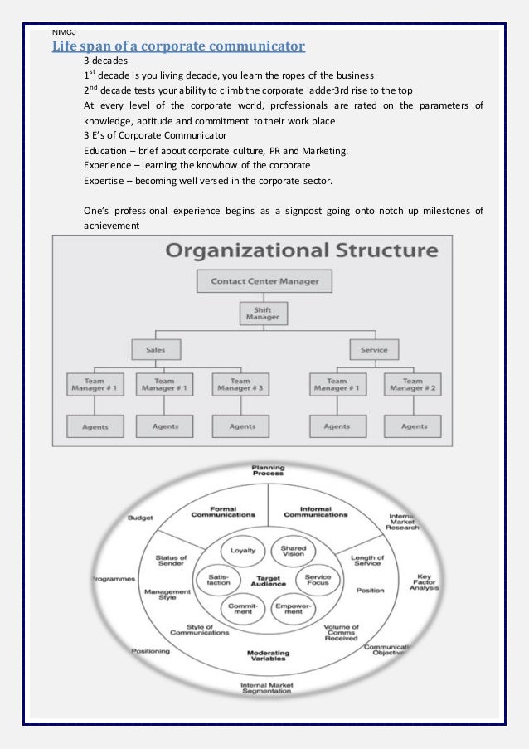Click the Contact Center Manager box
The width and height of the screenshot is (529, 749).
pos(264,280)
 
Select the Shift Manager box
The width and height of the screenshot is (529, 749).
pos(264,313)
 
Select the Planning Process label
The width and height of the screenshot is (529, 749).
pos(268,470)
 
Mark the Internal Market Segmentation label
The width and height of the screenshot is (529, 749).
pos(266,688)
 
